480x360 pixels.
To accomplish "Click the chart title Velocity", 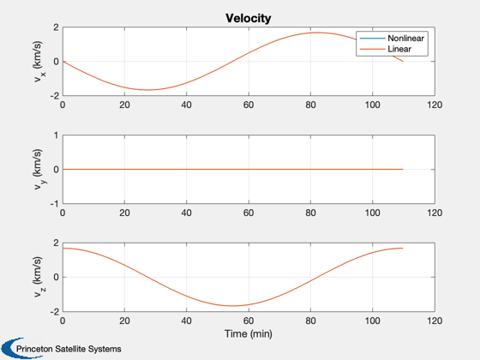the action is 249,18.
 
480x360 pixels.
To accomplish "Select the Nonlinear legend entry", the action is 392,39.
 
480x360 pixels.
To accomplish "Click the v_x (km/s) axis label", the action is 39,61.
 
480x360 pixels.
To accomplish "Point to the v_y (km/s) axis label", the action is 39,170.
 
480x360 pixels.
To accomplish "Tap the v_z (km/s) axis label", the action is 39,277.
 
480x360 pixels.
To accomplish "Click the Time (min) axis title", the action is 249,333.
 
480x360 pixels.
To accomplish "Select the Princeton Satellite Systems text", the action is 69,349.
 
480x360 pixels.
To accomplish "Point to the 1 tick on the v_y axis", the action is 56,135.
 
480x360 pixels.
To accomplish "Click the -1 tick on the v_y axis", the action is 54,204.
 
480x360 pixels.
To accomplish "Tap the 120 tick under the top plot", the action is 435,105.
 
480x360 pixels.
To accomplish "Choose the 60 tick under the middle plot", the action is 249,213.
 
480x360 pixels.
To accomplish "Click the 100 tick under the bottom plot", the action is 373,321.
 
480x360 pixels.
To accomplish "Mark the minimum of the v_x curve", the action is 147,90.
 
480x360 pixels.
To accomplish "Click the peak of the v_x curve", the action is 317,33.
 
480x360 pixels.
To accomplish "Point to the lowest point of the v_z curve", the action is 233,306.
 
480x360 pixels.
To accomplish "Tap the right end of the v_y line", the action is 403,170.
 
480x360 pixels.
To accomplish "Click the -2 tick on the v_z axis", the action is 54,312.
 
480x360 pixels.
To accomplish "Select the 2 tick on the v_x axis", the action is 56,27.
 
